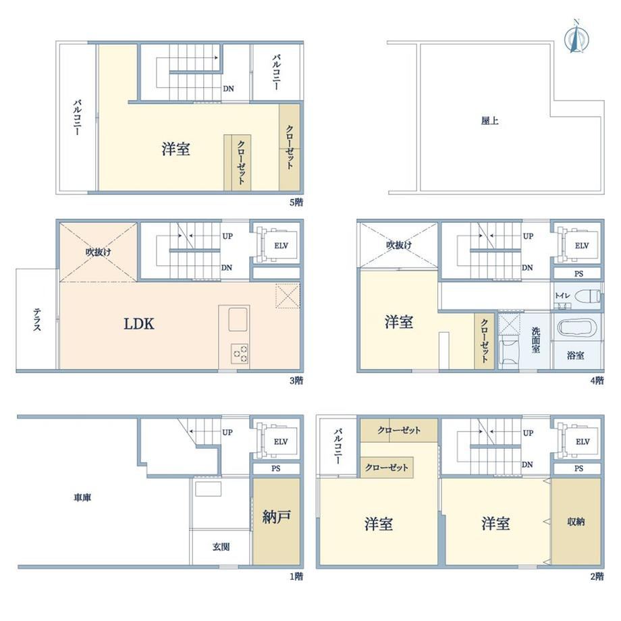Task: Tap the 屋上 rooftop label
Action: point(489,120)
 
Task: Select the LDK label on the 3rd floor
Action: point(138,324)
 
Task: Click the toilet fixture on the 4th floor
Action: point(587,296)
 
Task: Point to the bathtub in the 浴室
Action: point(576,328)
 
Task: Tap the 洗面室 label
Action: point(535,340)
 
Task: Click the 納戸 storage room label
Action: point(277,516)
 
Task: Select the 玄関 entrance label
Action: point(221,547)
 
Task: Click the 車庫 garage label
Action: point(82,497)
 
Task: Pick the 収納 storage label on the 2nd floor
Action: point(576,522)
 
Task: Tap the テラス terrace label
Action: point(37,319)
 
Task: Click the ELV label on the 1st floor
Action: point(281,441)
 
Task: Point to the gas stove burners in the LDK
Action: point(240,353)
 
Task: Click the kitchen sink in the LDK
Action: point(238,319)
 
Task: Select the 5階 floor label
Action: point(296,202)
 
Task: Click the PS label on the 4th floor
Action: point(578,273)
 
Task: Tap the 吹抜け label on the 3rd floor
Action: point(99,252)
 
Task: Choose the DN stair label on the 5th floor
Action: point(228,88)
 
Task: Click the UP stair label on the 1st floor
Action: point(227,432)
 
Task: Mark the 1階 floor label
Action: point(296,576)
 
